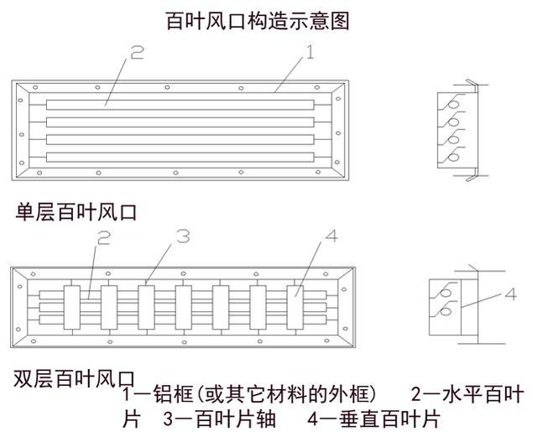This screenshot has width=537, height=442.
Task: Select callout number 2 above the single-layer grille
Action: click(137, 55)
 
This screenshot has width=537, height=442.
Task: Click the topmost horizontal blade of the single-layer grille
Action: click(181, 105)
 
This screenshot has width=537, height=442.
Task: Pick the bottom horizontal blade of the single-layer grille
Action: click(181, 157)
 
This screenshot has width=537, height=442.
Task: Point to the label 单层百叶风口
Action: click(75, 213)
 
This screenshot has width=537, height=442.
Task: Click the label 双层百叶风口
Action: click(75, 379)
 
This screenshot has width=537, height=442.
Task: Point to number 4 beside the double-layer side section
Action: click(511, 296)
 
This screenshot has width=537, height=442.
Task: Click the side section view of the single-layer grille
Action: click(457, 130)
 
